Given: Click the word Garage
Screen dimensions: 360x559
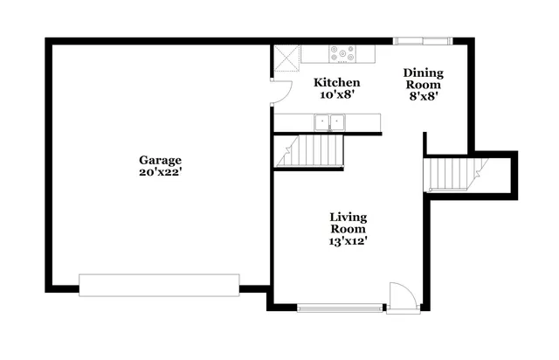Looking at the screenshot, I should tap(160, 160).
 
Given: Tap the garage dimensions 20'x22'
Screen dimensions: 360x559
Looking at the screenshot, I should tap(160, 172).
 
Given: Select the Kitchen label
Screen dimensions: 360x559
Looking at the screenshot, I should tap(336, 82).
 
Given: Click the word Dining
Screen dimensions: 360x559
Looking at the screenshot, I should tap(424, 73).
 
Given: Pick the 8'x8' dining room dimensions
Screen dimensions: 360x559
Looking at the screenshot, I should tap(424, 97).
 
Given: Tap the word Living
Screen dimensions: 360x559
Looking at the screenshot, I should tap(348, 217).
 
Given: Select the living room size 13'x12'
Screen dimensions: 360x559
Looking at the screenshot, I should tap(348, 241).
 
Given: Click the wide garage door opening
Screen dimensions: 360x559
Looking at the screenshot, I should tap(159, 285).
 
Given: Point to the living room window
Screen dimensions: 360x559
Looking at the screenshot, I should tap(340, 307).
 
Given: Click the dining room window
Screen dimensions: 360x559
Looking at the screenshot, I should tap(422, 40).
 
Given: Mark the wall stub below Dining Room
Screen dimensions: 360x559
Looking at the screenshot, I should tap(425, 143).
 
